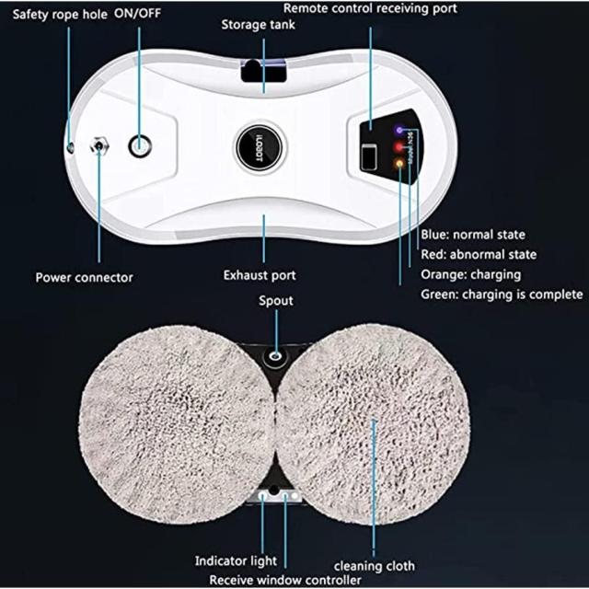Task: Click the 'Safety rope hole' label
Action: coord(60,15)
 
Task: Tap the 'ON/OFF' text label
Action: coord(137,13)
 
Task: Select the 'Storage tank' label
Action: coord(258,25)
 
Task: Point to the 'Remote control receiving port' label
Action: coord(370,8)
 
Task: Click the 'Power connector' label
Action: coord(84,278)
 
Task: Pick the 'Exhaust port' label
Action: coord(260,275)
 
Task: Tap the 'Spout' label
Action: coord(276,301)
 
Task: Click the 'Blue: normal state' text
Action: coord(473,235)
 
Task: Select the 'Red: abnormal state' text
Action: coord(479,255)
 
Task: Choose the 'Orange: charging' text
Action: coord(470,275)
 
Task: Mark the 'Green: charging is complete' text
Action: coord(502,294)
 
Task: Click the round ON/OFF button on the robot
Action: coord(140,145)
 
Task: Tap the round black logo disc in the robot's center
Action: coord(260,147)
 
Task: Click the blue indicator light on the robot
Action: coord(399,131)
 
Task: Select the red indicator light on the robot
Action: coord(398,147)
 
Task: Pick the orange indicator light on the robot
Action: coord(398,163)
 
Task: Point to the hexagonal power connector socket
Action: coord(99,145)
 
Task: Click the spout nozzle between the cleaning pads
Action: coord(276,354)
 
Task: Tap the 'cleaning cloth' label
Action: coord(375,566)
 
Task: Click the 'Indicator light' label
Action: coord(236,560)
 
